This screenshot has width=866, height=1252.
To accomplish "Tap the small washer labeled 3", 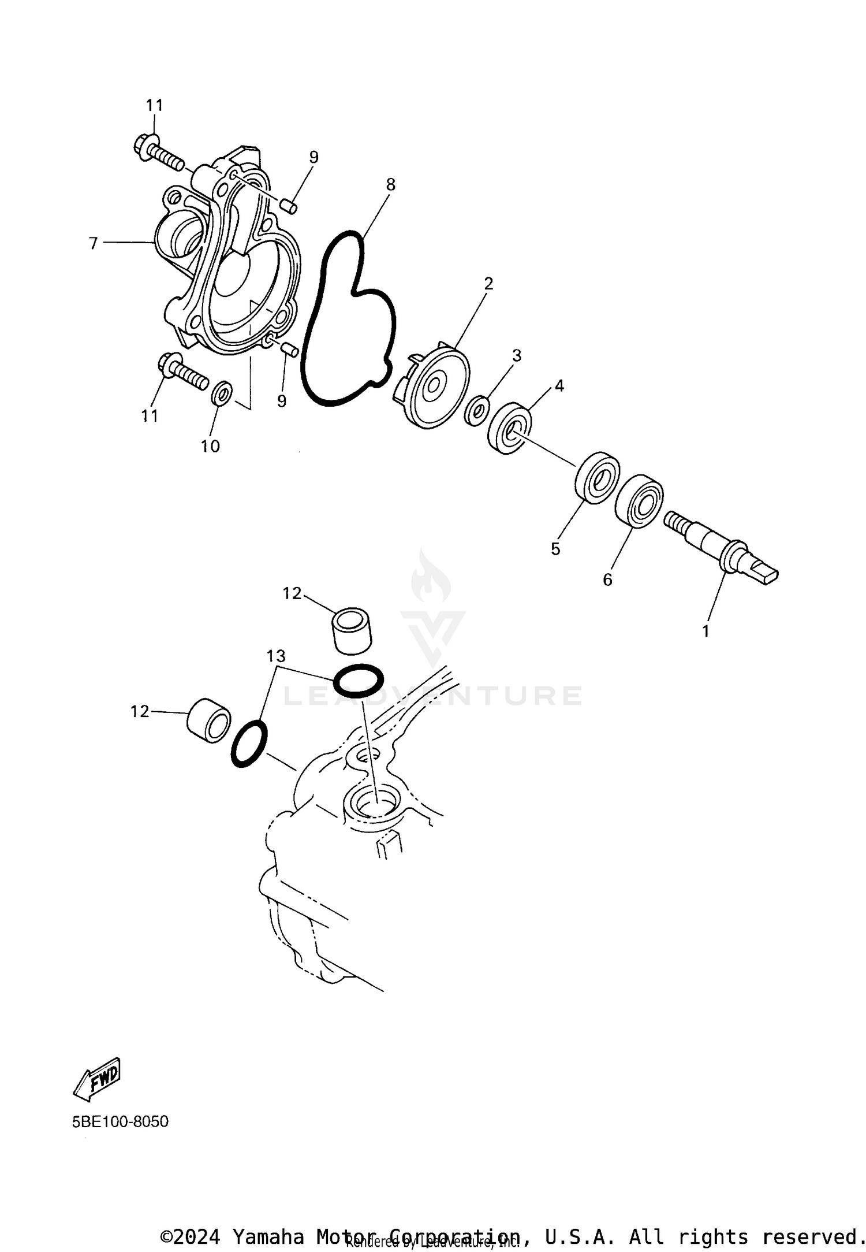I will click(x=477, y=411).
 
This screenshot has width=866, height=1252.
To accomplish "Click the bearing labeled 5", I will click(x=597, y=478).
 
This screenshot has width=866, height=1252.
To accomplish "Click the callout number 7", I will click(x=93, y=244).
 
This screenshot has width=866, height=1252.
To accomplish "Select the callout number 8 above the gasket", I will click(x=391, y=185).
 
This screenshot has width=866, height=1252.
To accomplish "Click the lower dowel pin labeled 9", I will click(x=290, y=349).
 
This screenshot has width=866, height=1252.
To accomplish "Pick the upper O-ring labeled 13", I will click(x=358, y=680).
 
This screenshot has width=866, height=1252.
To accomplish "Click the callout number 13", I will click(x=276, y=656).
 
